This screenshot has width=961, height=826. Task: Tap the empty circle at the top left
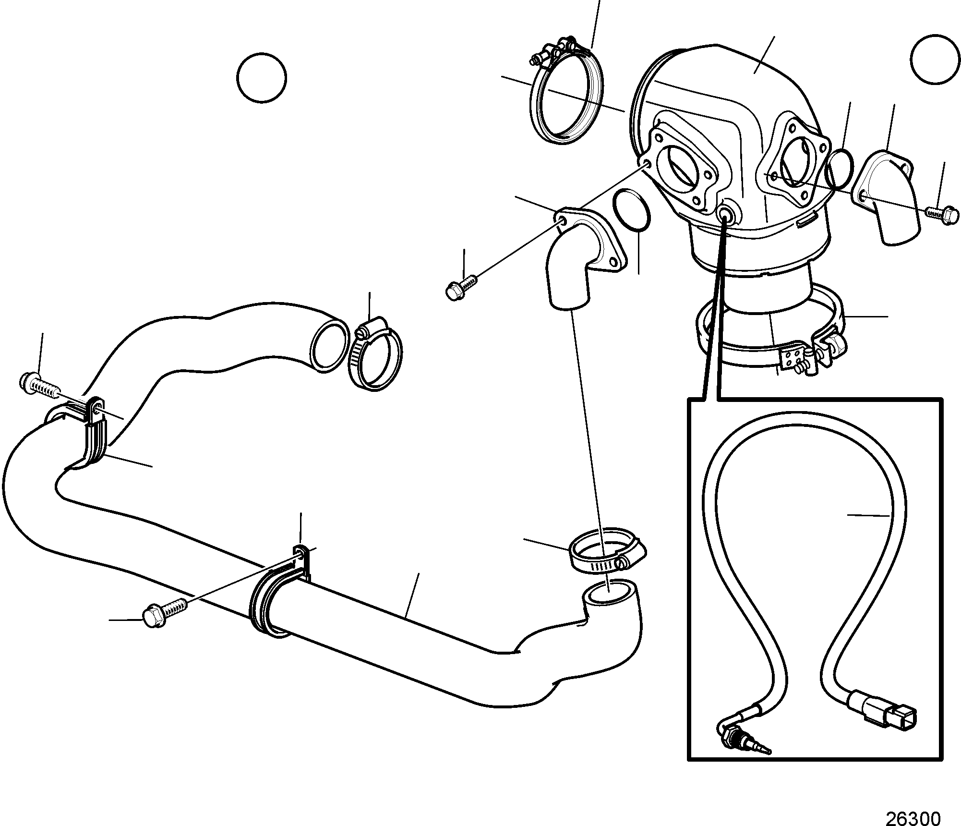[262, 78]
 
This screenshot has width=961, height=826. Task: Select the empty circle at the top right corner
[935, 60]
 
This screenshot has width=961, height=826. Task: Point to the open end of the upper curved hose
[330, 345]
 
